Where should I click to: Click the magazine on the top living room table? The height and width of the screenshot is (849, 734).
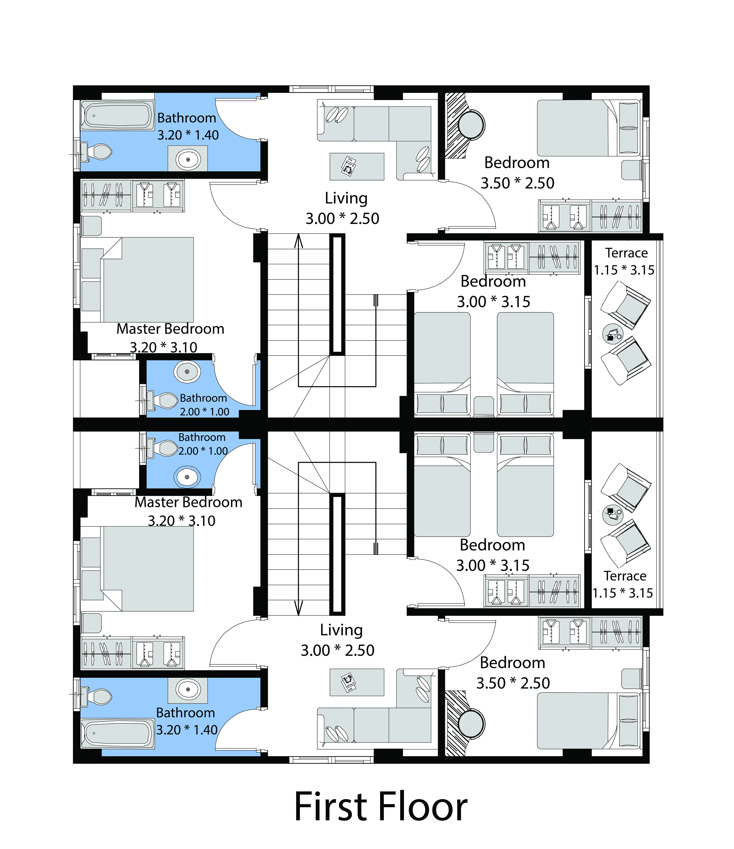tap(349, 166)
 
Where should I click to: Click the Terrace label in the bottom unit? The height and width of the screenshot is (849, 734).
tap(625, 576)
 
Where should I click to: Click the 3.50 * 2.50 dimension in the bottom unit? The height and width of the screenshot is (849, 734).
tap(513, 683)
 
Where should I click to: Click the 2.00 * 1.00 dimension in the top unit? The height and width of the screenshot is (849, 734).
tap(205, 411)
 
